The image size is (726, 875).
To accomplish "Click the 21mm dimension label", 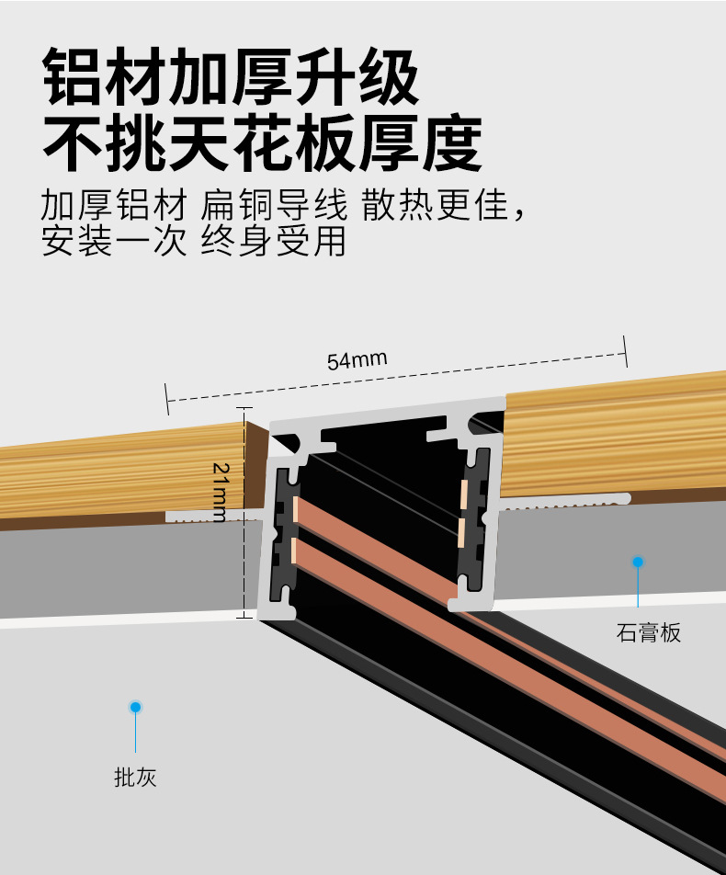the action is coord(221,493).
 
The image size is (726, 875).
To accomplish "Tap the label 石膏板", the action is coord(649,632).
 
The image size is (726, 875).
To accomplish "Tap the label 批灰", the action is coord(135,778).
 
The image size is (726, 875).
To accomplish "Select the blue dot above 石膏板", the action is coord(638,561).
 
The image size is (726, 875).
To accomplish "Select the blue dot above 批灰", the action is coord(135,707).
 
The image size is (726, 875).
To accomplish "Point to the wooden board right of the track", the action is coord(616,432).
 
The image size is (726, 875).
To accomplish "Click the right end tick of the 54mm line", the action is coord(625,351).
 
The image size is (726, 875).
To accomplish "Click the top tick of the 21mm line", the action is coord(244,409).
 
